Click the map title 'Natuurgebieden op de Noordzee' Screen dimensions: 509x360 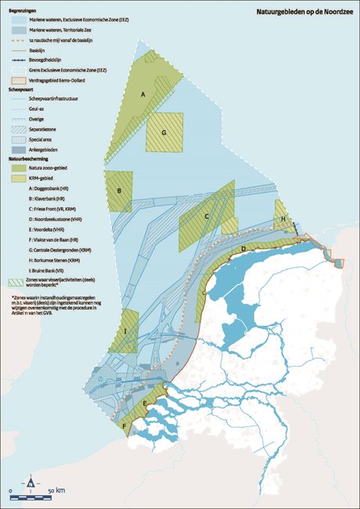pyautogui.click(x=304, y=13)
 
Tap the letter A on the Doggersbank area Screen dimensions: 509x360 pyautogui.click(x=143, y=94)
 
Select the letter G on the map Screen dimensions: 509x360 pyautogui.click(x=164, y=133)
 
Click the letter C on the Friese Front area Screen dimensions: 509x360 pyautogui.click(x=206, y=217)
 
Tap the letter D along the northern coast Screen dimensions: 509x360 pyautogui.click(x=244, y=249)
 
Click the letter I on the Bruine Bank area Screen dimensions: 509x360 pyautogui.click(x=125, y=332)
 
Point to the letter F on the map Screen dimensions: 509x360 pyautogui.click(x=124, y=426)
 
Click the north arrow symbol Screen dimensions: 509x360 pyautogui.click(x=31, y=481)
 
